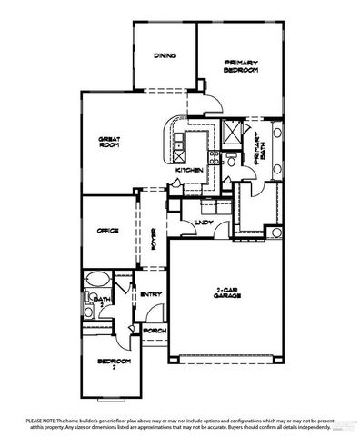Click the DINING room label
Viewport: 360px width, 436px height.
165,54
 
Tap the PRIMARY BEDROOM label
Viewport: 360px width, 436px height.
242,66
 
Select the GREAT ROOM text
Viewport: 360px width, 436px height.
110,142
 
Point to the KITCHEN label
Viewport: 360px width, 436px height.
187,170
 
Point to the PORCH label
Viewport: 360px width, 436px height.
155,331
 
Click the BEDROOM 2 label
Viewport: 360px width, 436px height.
109,363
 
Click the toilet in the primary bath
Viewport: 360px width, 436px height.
232,161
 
